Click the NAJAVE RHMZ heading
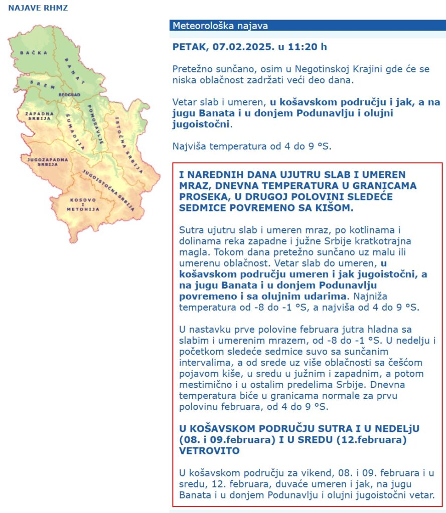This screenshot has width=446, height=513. coord(38,8)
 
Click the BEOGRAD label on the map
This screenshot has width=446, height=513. coord(69,95)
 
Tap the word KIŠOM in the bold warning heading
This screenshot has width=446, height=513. coord(333,207)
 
